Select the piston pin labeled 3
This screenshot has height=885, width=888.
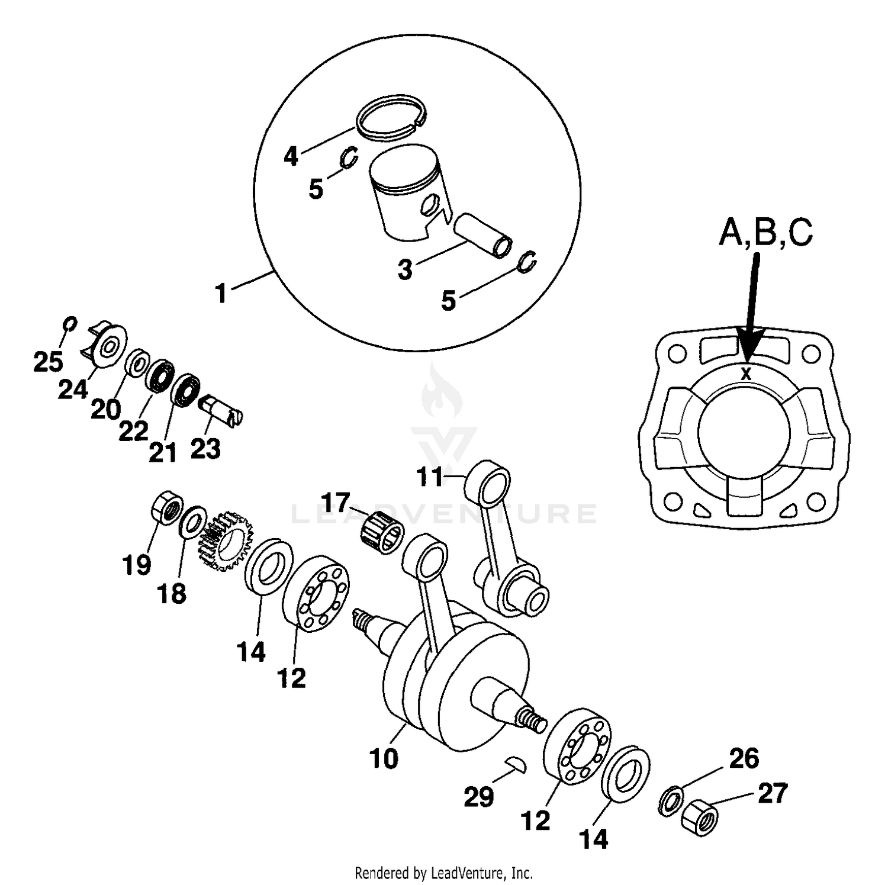click(482, 235)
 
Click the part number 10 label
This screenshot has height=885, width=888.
click(384, 758)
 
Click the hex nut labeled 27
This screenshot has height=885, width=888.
click(699, 818)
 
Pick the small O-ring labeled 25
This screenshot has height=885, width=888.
click(69, 324)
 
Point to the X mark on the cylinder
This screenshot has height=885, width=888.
click(746, 374)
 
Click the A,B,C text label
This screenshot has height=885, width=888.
click(765, 233)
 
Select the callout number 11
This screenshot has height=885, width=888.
click(430, 477)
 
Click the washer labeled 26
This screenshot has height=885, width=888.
click(671, 800)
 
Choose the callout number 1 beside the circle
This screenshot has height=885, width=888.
click(221, 293)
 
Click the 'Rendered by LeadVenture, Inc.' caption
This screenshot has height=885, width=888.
click(443, 873)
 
